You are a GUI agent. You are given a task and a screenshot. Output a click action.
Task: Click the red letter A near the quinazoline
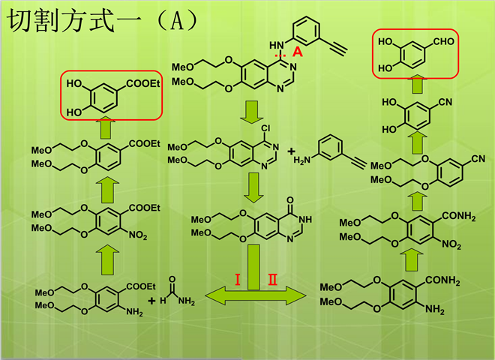point(297,52)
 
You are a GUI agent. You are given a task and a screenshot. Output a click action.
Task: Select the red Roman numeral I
point(237,280)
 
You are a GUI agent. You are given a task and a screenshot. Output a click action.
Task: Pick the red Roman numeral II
point(273,280)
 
